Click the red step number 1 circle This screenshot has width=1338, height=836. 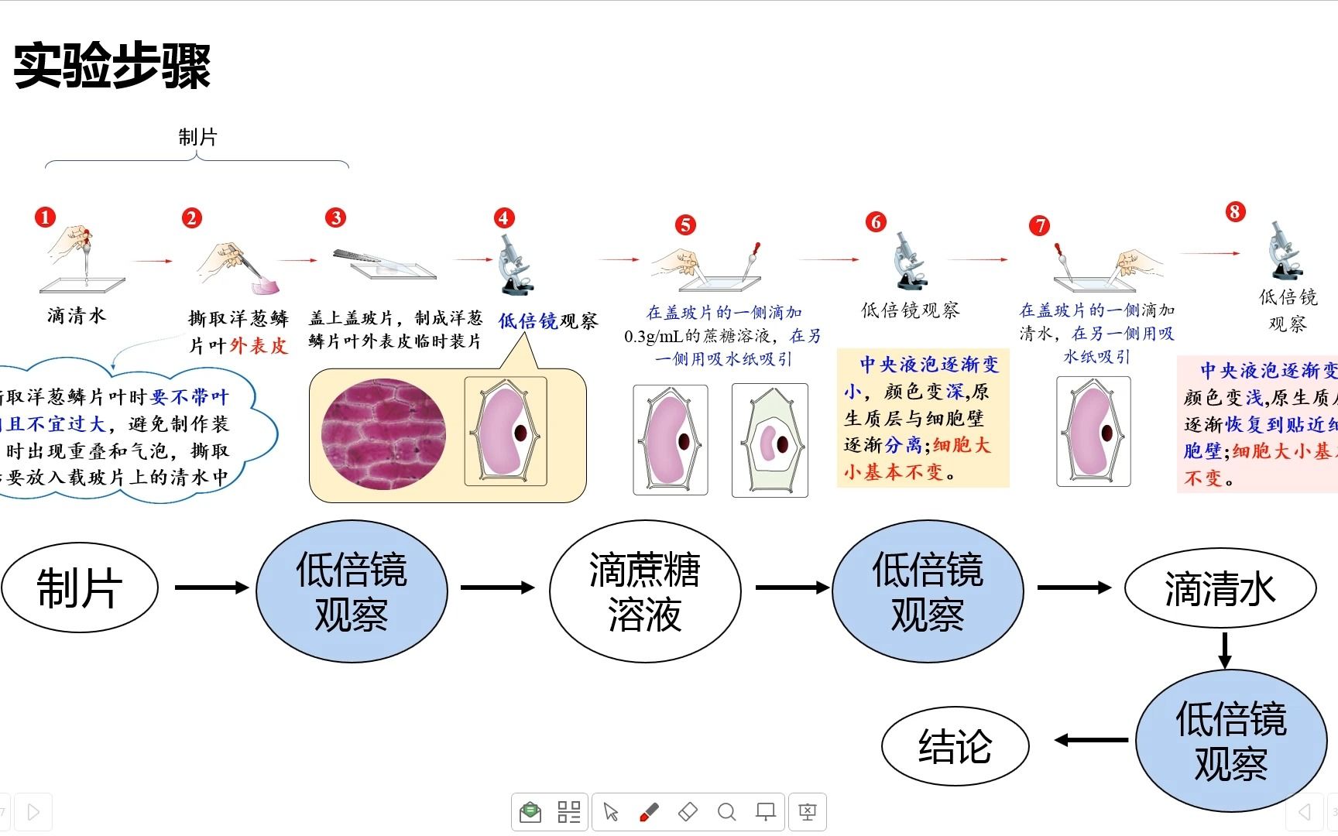[46, 218]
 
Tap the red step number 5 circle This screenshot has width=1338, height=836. [685, 225]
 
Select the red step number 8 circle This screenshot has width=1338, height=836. [1235, 212]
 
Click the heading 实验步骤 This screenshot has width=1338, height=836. [112, 66]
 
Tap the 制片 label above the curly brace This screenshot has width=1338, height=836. [197, 138]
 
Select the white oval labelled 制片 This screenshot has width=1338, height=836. [80, 588]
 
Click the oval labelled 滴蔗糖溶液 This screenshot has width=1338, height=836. [644, 591]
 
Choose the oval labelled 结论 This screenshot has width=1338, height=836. [955, 746]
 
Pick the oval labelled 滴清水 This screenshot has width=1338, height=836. [1220, 588]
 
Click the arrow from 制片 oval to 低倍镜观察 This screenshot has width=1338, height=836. [211, 588]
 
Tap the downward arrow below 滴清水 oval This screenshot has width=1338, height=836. [1224, 650]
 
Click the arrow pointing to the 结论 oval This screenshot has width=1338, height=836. [1090, 741]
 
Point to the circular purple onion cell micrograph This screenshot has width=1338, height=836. [383, 433]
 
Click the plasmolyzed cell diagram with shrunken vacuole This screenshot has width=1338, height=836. [770, 440]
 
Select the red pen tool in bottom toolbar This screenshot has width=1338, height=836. [649, 812]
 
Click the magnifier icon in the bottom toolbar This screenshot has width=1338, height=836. [726, 812]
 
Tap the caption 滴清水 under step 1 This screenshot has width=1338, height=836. [76, 315]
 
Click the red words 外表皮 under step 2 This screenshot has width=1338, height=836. [259, 345]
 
